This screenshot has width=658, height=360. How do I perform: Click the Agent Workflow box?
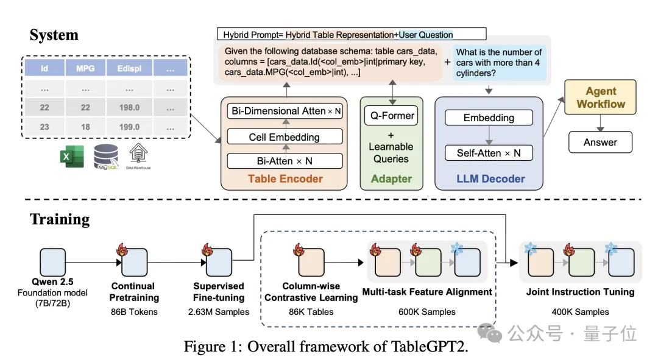click(601, 97)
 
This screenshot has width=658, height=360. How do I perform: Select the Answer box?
click(600, 143)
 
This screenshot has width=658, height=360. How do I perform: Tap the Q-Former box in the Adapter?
click(392, 116)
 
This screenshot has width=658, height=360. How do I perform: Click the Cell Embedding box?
click(284, 137)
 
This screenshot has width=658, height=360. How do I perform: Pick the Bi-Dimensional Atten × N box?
click(285, 111)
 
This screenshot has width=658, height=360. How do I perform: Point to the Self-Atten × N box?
click(489, 153)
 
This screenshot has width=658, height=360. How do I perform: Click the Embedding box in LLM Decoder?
click(489, 118)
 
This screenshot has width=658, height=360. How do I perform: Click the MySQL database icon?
click(106, 157)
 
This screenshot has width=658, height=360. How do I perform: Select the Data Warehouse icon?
click(139, 156)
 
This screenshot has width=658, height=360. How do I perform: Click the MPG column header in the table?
click(85, 69)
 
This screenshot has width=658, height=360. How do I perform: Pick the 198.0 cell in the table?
click(129, 107)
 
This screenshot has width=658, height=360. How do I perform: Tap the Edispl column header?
click(129, 69)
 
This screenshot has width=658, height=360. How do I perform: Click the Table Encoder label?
click(285, 178)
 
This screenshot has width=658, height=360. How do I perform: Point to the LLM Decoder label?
click(492, 178)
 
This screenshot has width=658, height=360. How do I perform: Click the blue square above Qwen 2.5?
click(52, 262)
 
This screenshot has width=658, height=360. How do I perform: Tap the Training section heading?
click(60, 219)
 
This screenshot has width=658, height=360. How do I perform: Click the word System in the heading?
click(54, 35)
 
